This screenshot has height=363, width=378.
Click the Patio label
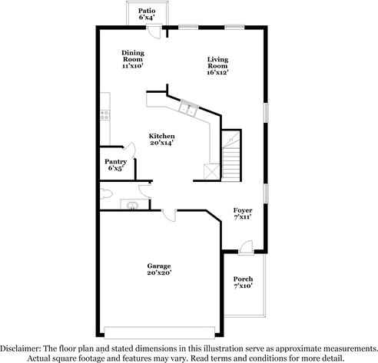point(146,15)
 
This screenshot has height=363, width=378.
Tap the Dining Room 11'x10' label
point(133,60)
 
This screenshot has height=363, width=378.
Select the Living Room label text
point(218,66)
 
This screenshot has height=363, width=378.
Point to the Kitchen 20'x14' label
point(161,139)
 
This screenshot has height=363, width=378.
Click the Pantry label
point(116,165)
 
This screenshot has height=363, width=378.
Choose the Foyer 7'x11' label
point(243,213)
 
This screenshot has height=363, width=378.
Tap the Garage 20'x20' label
point(158,269)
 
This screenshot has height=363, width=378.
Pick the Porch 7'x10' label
point(243,282)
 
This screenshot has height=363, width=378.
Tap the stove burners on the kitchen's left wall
point(103,115)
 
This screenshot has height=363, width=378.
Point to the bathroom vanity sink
point(132,205)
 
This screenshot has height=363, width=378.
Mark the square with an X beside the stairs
point(208,170)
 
